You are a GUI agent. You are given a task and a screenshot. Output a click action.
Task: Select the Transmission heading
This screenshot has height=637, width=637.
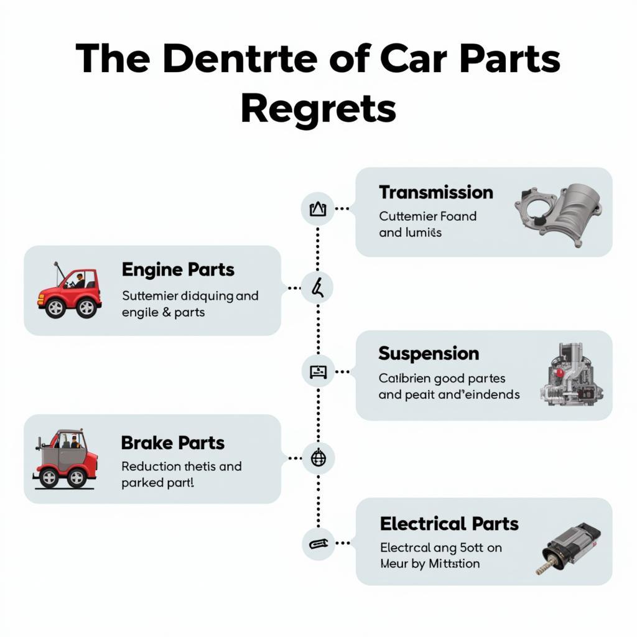pyautogui.click(x=435, y=192)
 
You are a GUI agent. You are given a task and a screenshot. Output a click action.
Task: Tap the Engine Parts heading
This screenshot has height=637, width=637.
pyautogui.click(x=178, y=270)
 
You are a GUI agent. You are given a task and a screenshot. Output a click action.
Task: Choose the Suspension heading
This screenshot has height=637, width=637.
pyautogui.click(x=429, y=353)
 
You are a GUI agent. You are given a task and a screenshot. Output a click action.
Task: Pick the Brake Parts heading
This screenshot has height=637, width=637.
pyautogui.click(x=172, y=443)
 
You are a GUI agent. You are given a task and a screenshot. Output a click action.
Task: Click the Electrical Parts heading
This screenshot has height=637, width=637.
pyautogui.click(x=449, y=524)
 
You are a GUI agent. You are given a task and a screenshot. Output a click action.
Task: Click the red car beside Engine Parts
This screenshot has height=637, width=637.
pyautogui.click(x=70, y=292)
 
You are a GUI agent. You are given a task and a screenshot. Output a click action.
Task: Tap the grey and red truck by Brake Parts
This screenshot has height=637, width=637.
pyautogui.click(x=65, y=458)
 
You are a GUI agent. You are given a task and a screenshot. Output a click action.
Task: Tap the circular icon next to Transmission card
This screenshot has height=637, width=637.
pyautogui.click(x=317, y=209)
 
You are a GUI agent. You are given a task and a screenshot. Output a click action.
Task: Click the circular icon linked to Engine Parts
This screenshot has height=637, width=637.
pyautogui.click(x=317, y=288)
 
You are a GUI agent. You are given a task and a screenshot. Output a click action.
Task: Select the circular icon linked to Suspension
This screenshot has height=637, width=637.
pyautogui.click(x=317, y=372)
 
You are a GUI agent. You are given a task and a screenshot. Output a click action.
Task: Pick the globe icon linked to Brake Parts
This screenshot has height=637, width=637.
pyautogui.click(x=317, y=459)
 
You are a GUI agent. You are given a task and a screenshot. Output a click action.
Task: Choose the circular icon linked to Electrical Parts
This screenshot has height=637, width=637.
pyautogui.click(x=317, y=543)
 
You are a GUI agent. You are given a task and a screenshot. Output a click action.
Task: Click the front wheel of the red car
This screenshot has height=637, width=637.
pyautogui.click(x=55, y=308)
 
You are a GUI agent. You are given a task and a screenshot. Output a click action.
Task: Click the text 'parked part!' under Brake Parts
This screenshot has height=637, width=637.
pyautogui.click(x=157, y=482)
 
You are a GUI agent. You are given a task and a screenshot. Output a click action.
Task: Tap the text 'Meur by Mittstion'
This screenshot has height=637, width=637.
pyautogui.click(x=430, y=564)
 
